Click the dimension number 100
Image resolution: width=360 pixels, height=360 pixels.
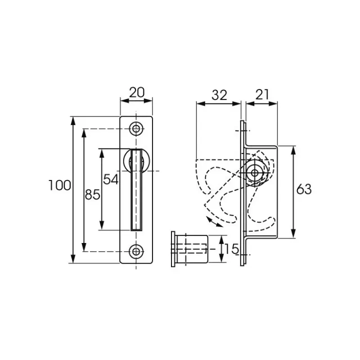click(60, 185)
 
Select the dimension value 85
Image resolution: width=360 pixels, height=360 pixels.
click(92, 195)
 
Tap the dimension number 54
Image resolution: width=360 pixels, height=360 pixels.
click(111, 179)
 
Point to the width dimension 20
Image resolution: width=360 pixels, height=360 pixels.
click(137, 92)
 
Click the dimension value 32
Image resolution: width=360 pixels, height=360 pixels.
click(219, 95)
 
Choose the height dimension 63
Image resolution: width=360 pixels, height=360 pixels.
click(304, 189)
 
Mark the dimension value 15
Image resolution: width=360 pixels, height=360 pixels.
click(231, 249)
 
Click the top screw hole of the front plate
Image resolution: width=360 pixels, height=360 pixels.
click(136, 129)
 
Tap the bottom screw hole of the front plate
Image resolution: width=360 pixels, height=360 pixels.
click(136, 252)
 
